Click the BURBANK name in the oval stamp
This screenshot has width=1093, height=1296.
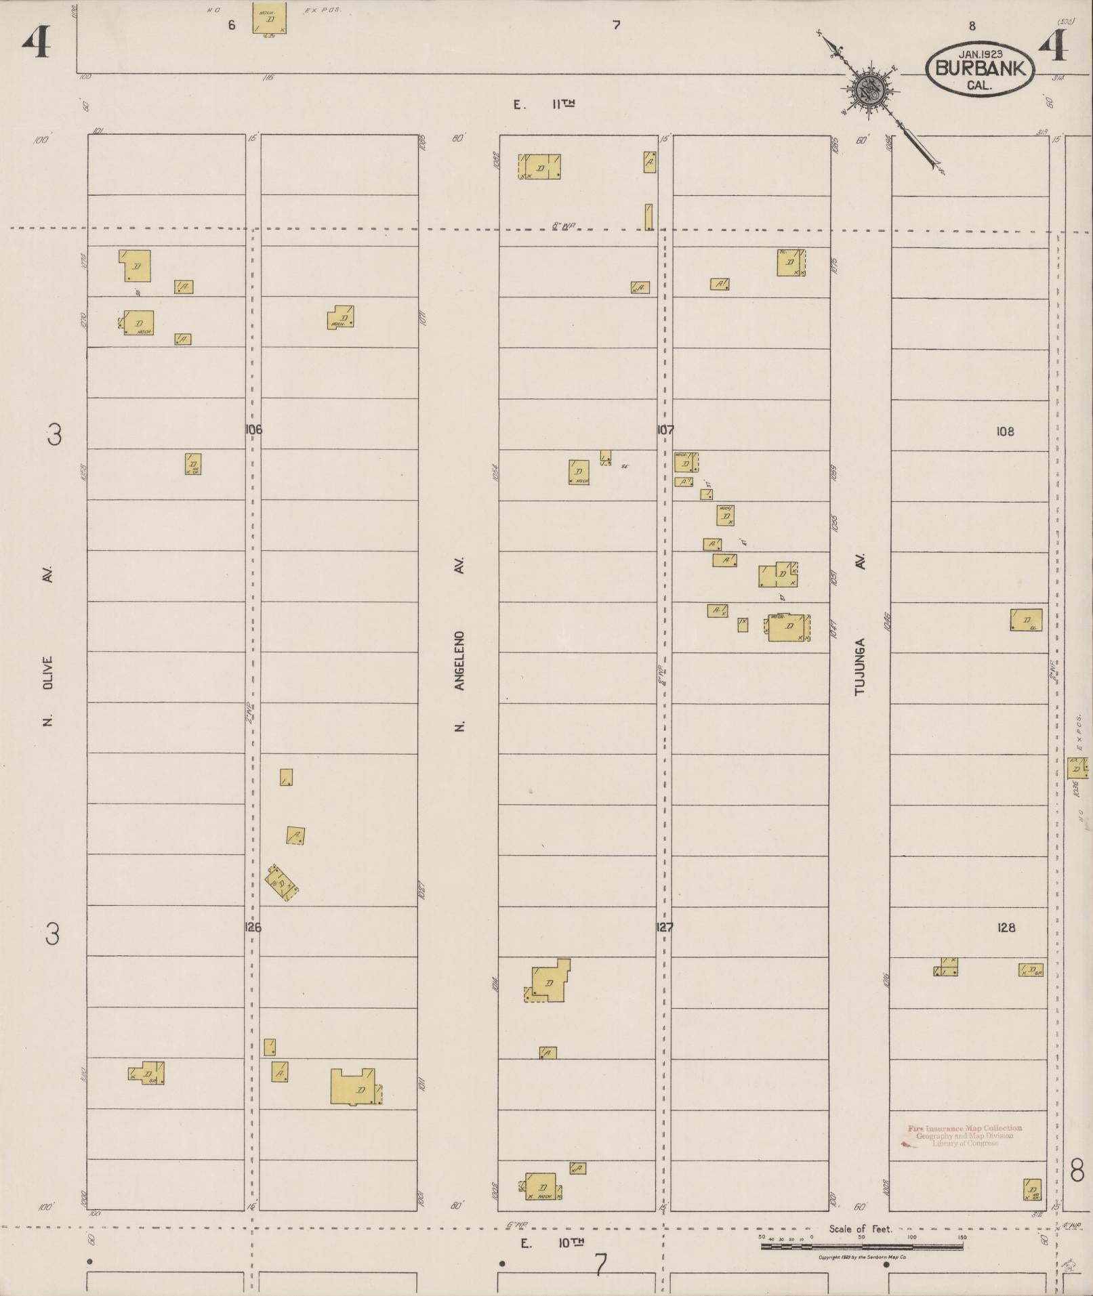pyautogui.click(x=979, y=68)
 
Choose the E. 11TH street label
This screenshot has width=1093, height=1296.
pyautogui.click(x=544, y=104)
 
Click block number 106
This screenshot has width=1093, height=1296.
pyautogui.click(x=253, y=430)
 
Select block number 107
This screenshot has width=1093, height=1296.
pyautogui.click(x=665, y=430)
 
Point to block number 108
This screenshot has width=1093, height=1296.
pyautogui.click(x=1005, y=431)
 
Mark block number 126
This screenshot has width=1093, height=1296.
pyautogui.click(x=253, y=927)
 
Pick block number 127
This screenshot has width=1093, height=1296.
pyautogui.click(x=665, y=927)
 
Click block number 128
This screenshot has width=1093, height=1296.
pyautogui.click(x=1006, y=927)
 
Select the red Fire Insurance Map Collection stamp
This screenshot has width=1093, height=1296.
pyautogui.click(x=964, y=1135)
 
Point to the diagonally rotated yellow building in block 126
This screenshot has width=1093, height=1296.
pyautogui.click(x=282, y=883)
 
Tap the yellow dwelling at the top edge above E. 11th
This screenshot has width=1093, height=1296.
pyautogui.click(x=269, y=18)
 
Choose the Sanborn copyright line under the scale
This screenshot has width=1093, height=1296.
pyautogui.click(x=859, y=1257)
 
